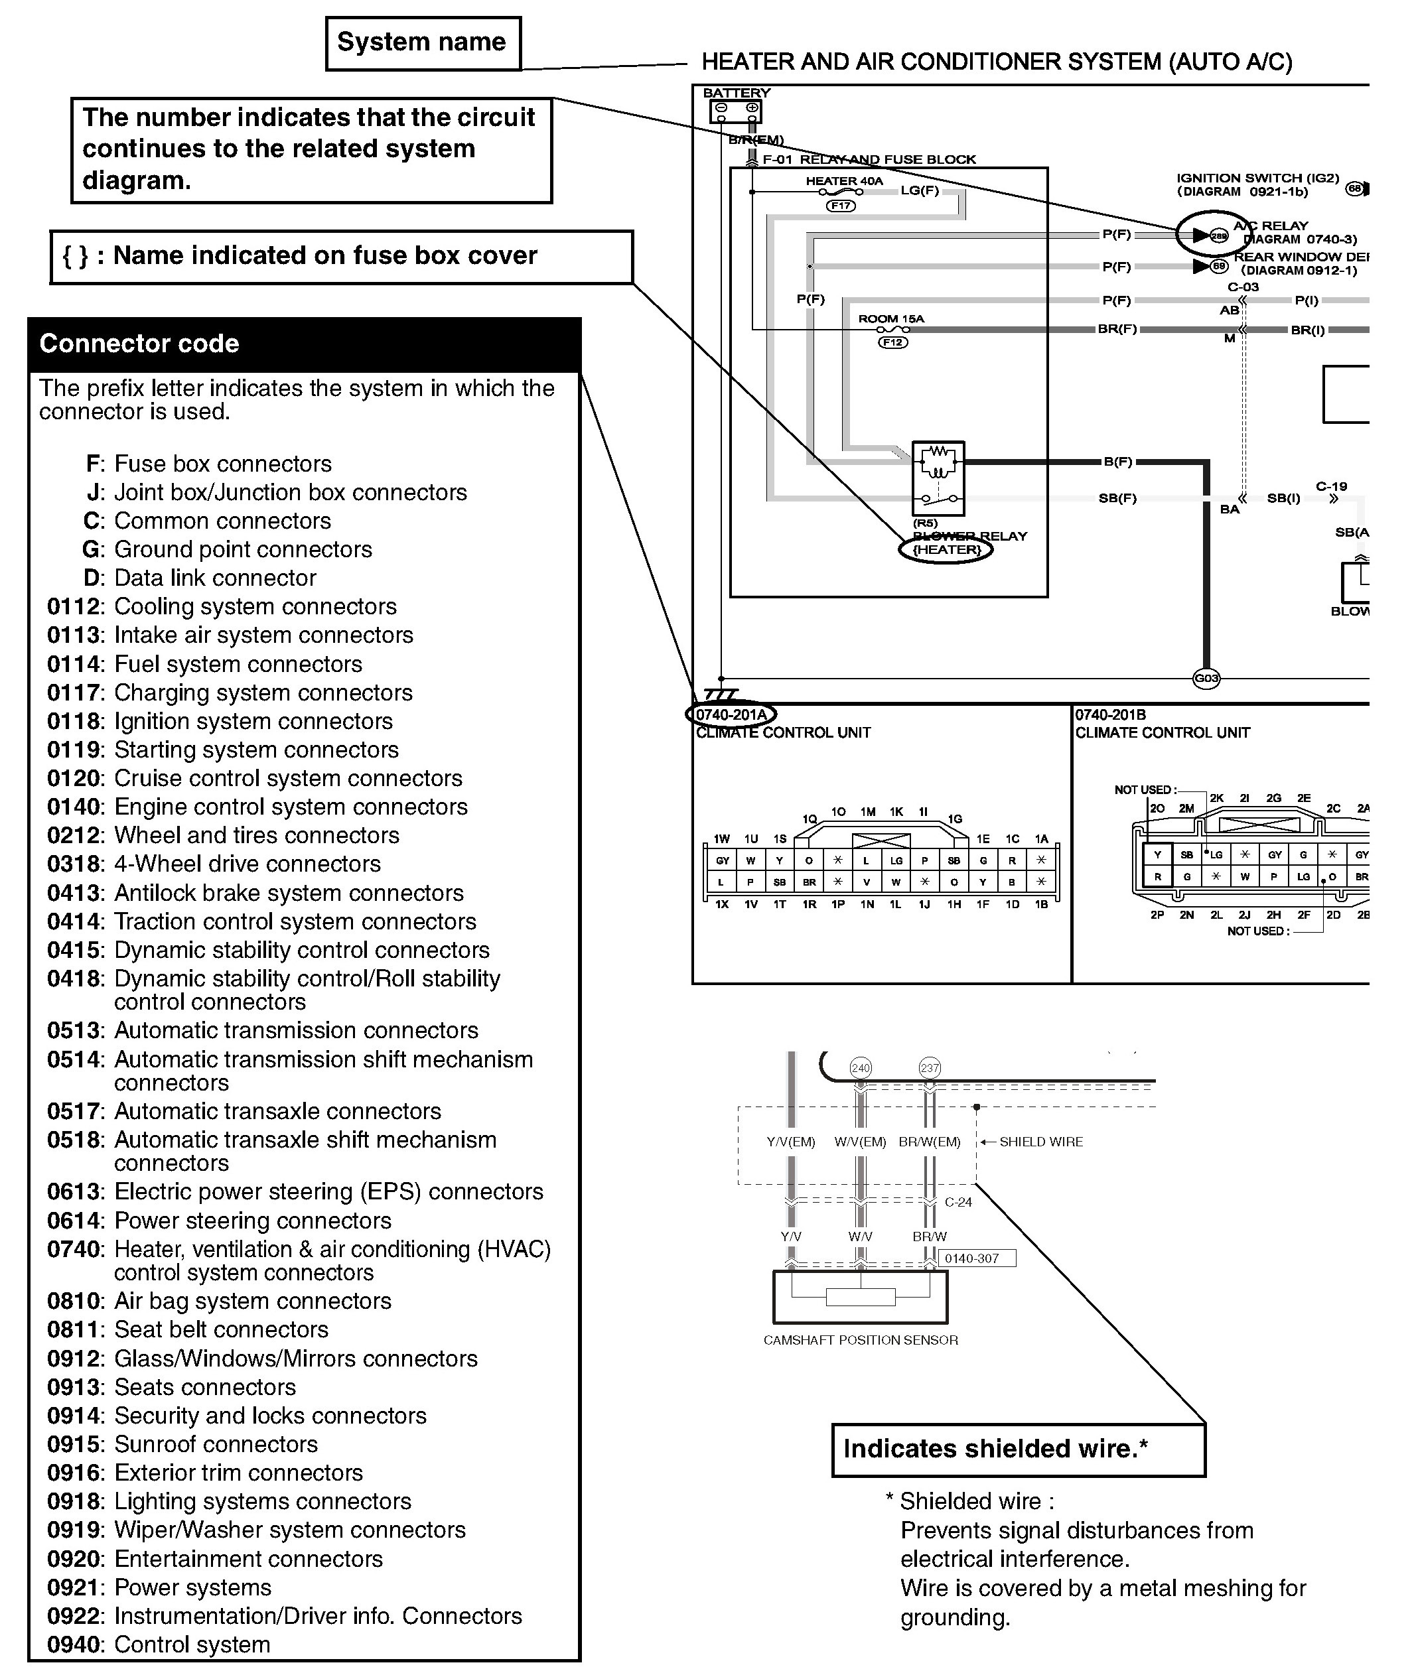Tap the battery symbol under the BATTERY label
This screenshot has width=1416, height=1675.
tap(735, 111)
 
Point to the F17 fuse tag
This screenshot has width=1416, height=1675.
tap(841, 206)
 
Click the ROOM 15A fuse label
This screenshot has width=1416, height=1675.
tap(891, 318)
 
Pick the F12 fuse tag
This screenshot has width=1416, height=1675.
tap(892, 343)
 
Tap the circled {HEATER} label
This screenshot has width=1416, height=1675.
tap(946, 550)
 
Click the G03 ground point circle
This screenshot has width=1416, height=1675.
tap(1206, 678)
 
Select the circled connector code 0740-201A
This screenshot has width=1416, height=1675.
tap(731, 714)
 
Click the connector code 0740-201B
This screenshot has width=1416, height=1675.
tap(1110, 714)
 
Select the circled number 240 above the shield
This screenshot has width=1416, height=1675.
tap(861, 1068)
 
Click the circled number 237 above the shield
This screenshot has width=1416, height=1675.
tap(930, 1068)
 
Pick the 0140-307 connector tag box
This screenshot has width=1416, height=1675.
tap(976, 1258)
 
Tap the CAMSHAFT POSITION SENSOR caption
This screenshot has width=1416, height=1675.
tap(861, 1339)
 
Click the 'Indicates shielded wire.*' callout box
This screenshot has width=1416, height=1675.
tap(1018, 1449)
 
